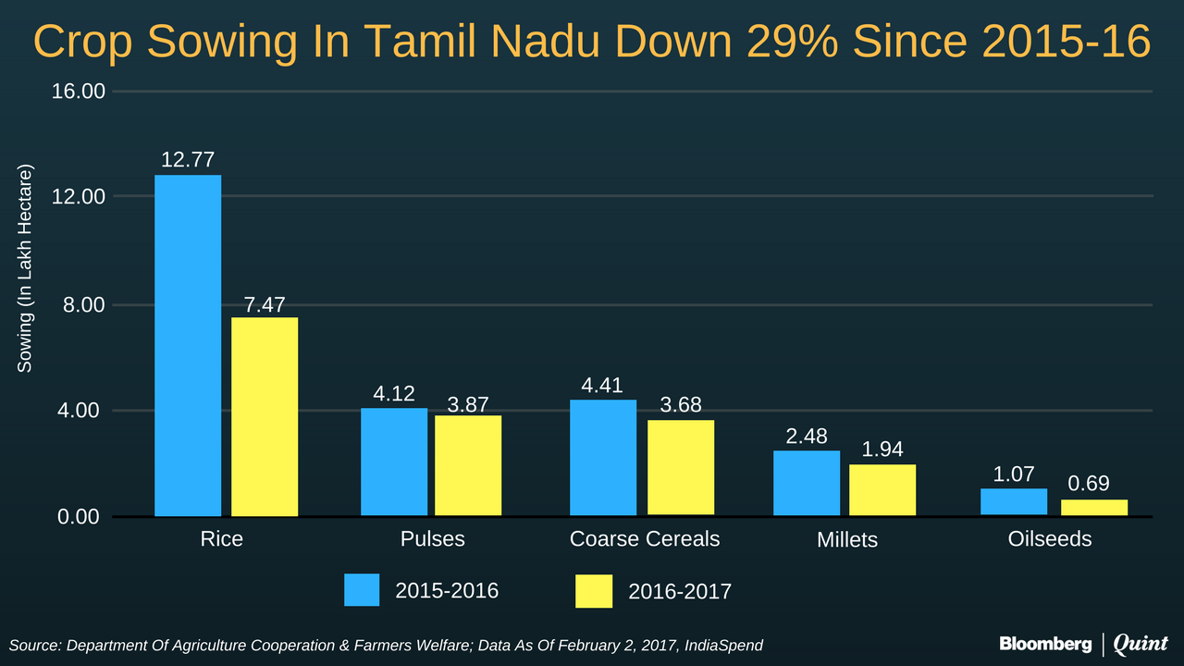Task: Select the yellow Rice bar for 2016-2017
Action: click(x=265, y=416)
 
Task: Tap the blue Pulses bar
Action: click(x=394, y=462)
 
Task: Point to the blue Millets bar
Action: click(x=807, y=483)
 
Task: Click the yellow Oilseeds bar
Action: click(x=1094, y=507)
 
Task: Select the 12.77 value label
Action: click(x=188, y=159)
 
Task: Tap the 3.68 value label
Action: click(x=682, y=404)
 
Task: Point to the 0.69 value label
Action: click(x=1089, y=484)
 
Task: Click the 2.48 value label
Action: click(x=807, y=436)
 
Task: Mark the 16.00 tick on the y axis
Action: click(x=80, y=92)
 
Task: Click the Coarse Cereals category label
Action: click(x=645, y=538)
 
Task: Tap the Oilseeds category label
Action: click(x=1050, y=538)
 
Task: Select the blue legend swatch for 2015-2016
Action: click(x=362, y=590)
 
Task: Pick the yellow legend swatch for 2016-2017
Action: click(x=594, y=591)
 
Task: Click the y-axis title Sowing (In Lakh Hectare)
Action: click(x=25, y=269)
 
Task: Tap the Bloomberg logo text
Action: click(x=1045, y=644)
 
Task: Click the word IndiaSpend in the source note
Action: click(x=723, y=645)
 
